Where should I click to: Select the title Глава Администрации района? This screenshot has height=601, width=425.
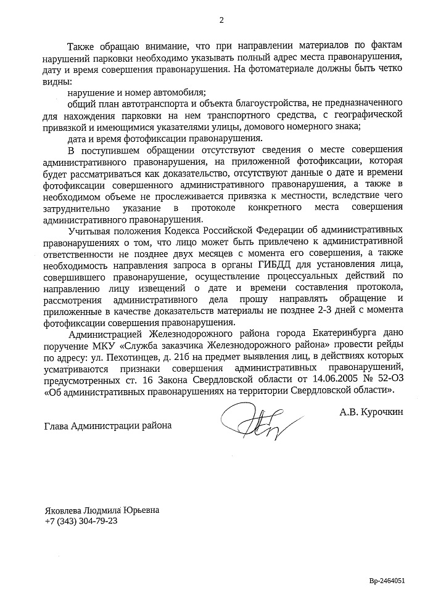[108, 425]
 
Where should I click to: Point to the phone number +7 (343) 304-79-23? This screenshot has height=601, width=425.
[81, 521]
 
